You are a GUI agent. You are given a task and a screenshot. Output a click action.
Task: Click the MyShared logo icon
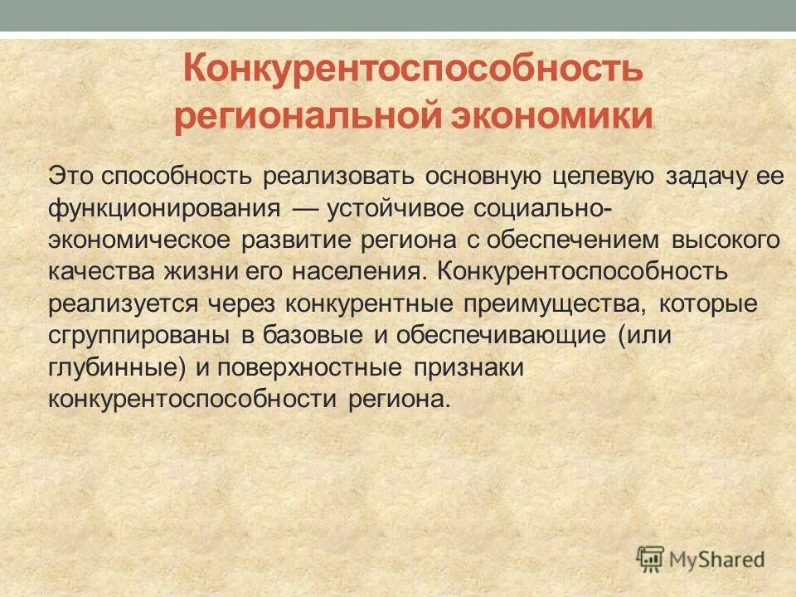652,557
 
